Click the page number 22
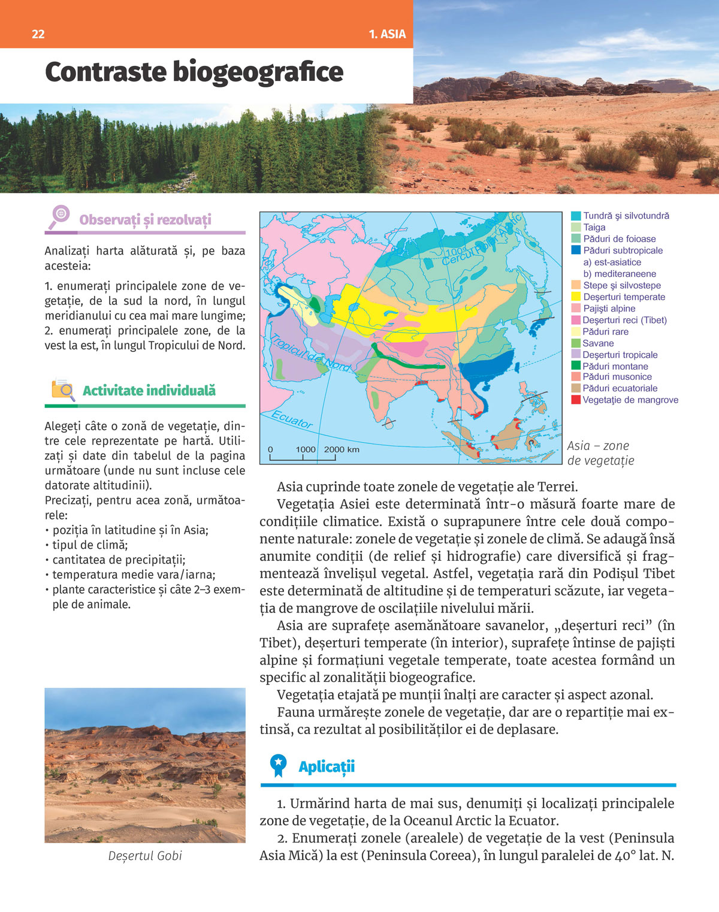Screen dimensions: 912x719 pos(38,34)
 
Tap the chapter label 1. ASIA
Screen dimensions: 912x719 pos(387,34)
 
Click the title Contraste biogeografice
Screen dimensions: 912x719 pos(194,73)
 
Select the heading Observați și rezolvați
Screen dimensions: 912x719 pos(145,220)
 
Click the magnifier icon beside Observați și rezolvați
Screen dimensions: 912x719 pos(59,216)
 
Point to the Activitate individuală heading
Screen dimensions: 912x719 pos(149,391)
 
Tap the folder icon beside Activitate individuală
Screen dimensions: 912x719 pos(63,390)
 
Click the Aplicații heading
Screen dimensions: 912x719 pos(327,766)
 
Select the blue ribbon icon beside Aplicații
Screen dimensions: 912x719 pos(278,765)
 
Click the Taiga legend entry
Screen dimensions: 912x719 pos(594,227)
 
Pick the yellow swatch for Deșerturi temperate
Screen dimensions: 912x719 pos(576,297)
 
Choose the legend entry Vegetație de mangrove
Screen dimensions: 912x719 pos(630,400)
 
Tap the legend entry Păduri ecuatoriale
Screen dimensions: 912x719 pos(620,388)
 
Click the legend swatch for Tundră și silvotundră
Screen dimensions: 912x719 pos(576,216)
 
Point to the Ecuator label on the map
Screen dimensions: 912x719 pos(292,419)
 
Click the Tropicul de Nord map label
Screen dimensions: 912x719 pos(311,353)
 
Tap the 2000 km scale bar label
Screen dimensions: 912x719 pos(342,449)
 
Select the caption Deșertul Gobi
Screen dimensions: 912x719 pos(145,856)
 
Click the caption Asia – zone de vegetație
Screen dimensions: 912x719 pos(600,453)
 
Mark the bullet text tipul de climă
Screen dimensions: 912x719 pos(90,545)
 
